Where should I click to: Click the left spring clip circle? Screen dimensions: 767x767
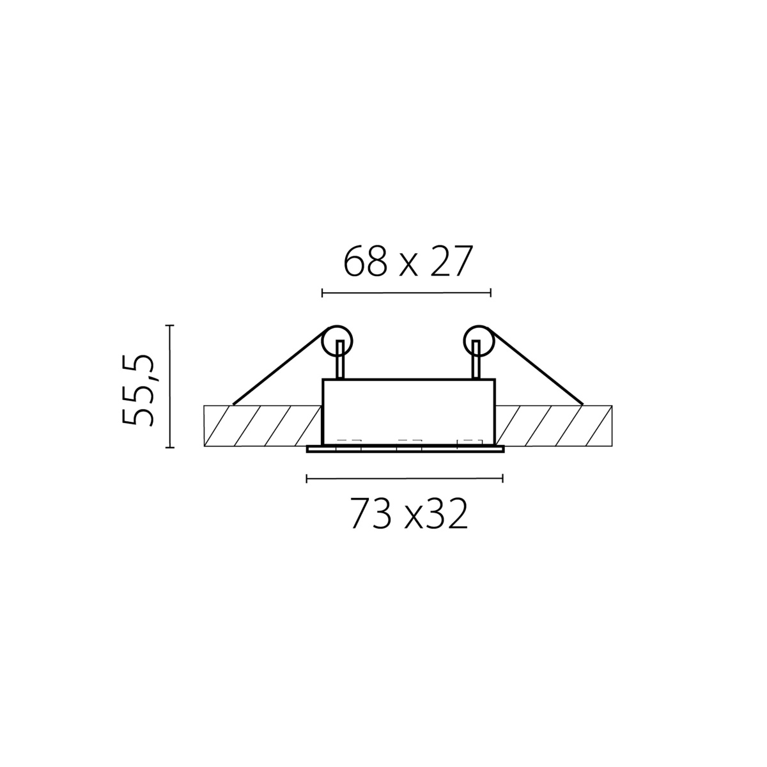[x=337, y=341]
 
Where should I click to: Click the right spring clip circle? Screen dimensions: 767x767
[x=479, y=341]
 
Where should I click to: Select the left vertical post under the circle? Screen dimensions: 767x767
[x=340, y=359]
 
